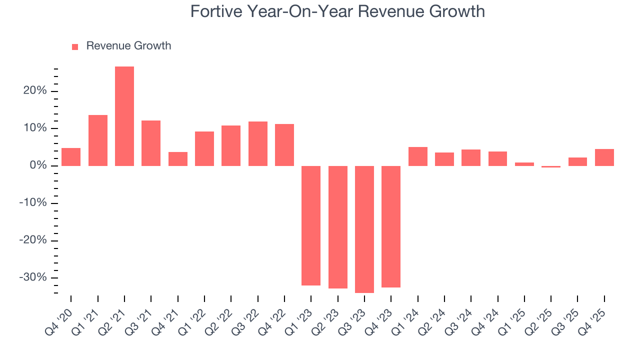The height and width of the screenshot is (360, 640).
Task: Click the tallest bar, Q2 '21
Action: click(124, 116)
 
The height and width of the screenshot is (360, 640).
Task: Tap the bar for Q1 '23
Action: click(311, 225)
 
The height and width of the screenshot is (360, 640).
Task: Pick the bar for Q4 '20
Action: click(71, 157)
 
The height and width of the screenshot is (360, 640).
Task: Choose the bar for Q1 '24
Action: click(417, 156)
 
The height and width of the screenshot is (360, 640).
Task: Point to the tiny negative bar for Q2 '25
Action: click(551, 166)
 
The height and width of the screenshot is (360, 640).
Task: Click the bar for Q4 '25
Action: click(604, 157)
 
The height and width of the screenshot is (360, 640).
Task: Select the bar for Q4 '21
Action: click(177, 159)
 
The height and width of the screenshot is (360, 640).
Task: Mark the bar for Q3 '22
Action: click(257, 143)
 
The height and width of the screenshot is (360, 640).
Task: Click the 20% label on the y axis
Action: click(34, 91)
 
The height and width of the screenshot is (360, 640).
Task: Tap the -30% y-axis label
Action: click(32, 277)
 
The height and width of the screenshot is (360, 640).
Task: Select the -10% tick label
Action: click(32, 203)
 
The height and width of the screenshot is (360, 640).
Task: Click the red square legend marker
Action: click(75, 46)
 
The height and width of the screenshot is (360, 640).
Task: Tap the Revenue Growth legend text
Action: click(128, 46)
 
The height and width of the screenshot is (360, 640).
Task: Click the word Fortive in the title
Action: click(216, 11)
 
